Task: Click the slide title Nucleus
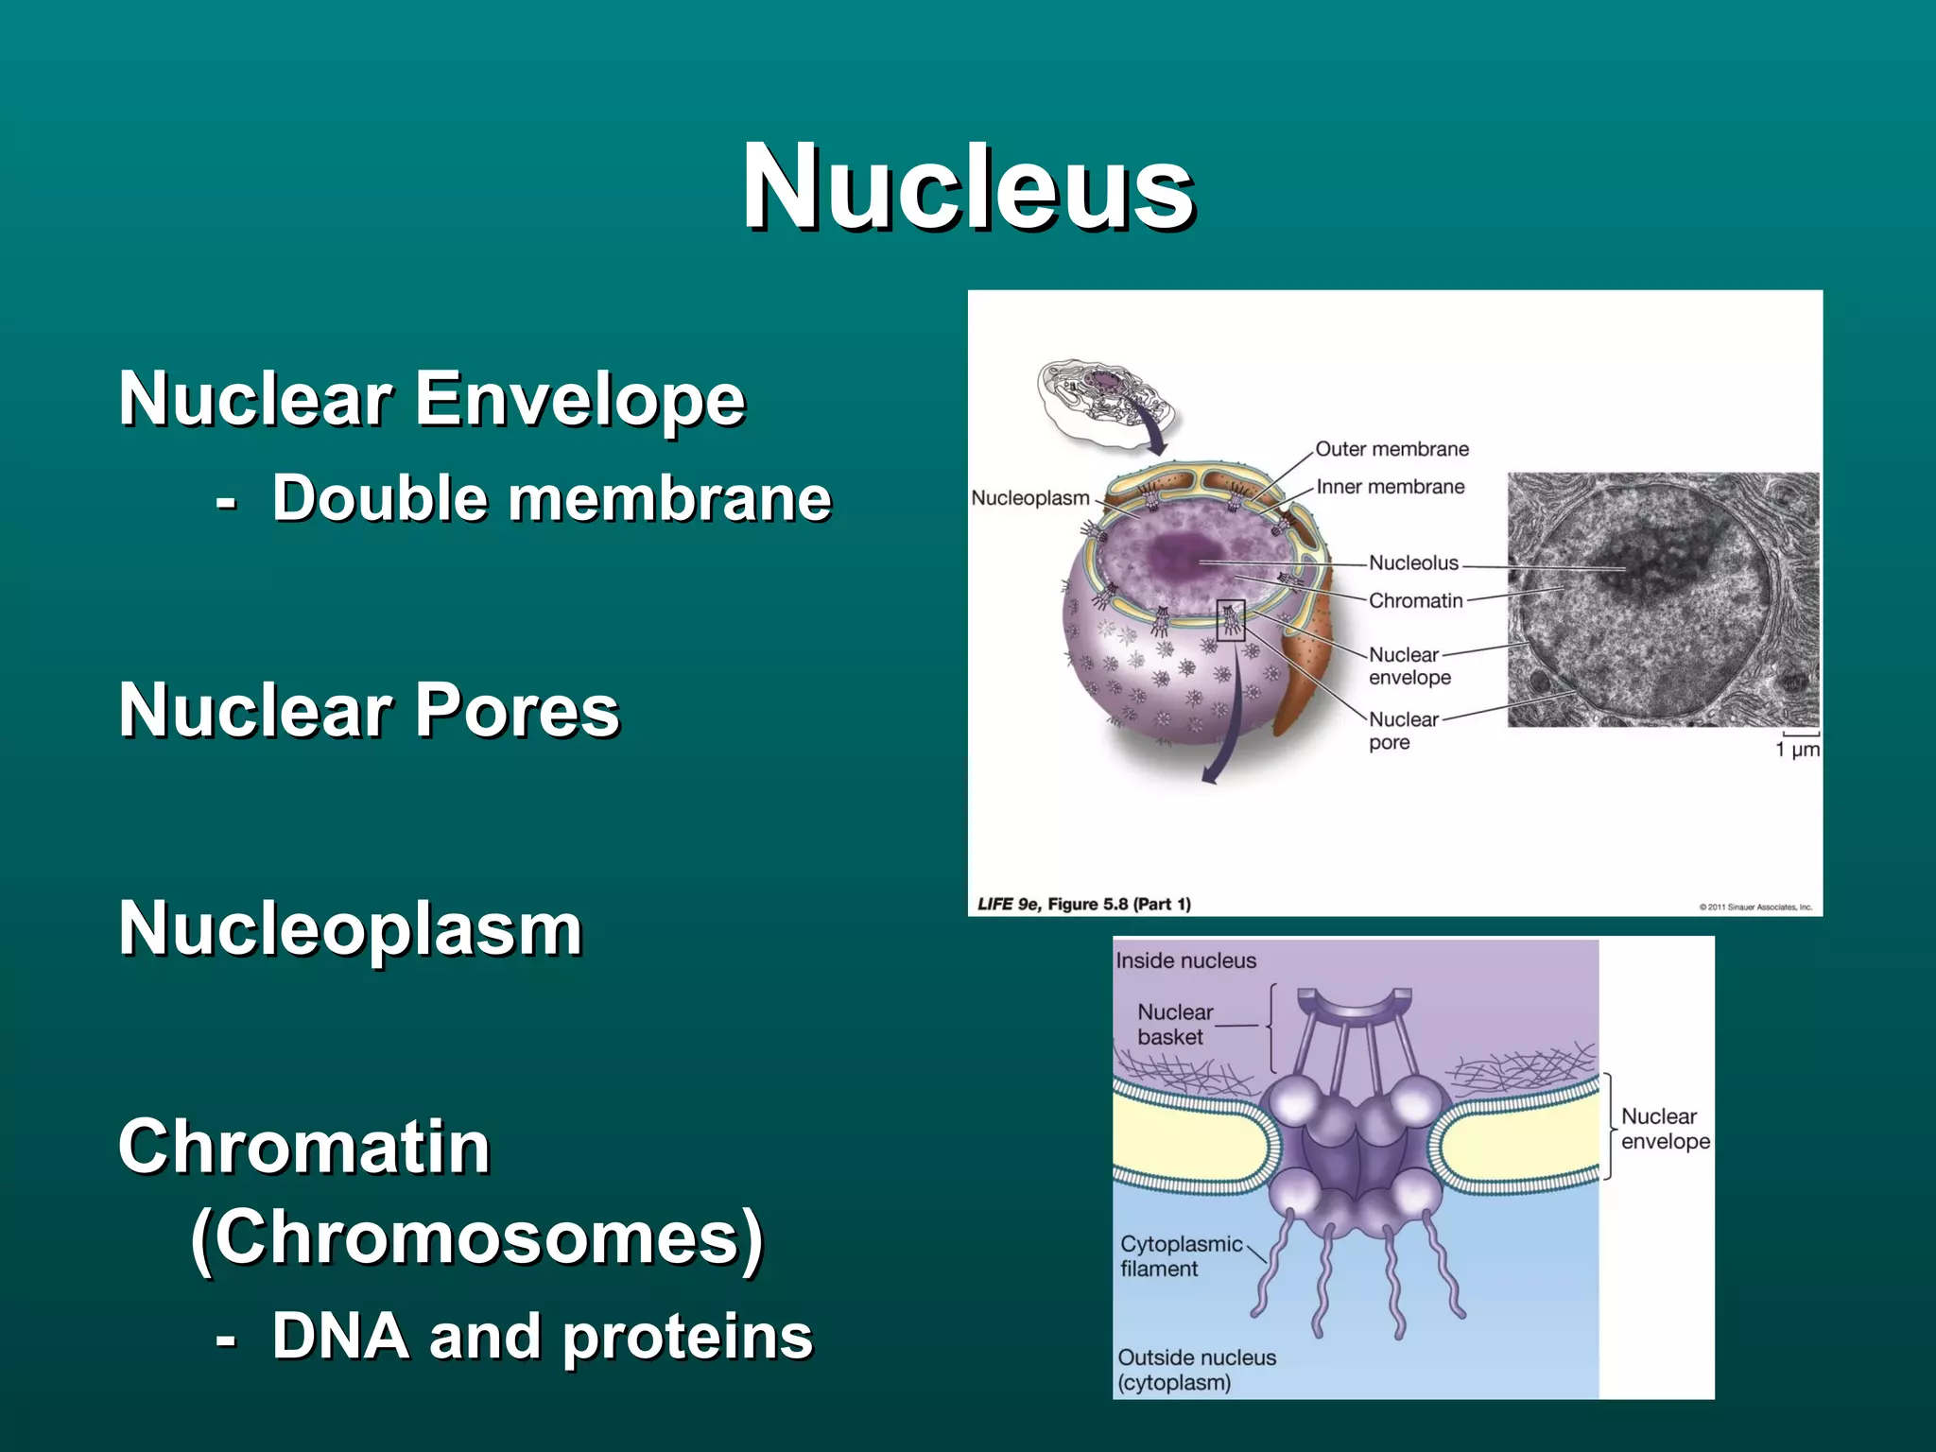click(968, 186)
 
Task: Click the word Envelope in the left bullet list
click(580, 399)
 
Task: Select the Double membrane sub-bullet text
click(551, 498)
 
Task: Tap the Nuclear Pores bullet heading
click(369, 710)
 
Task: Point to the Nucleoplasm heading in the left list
click(350, 928)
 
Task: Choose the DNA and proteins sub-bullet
click(542, 1337)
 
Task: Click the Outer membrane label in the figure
click(1391, 449)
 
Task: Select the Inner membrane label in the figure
click(1390, 487)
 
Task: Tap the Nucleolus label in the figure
click(1413, 563)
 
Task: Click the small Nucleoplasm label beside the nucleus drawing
click(1029, 498)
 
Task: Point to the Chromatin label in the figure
click(1415, 601)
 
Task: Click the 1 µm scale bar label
click(1797, 750)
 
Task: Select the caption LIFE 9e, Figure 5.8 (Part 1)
click(1083, 904)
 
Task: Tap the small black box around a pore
click(1230, 621)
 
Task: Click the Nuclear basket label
click(1174, 1025)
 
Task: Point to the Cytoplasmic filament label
click(1180, 1256)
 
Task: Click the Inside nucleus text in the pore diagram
click(1185, 960)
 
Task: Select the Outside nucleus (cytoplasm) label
click(1196, 1370)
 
